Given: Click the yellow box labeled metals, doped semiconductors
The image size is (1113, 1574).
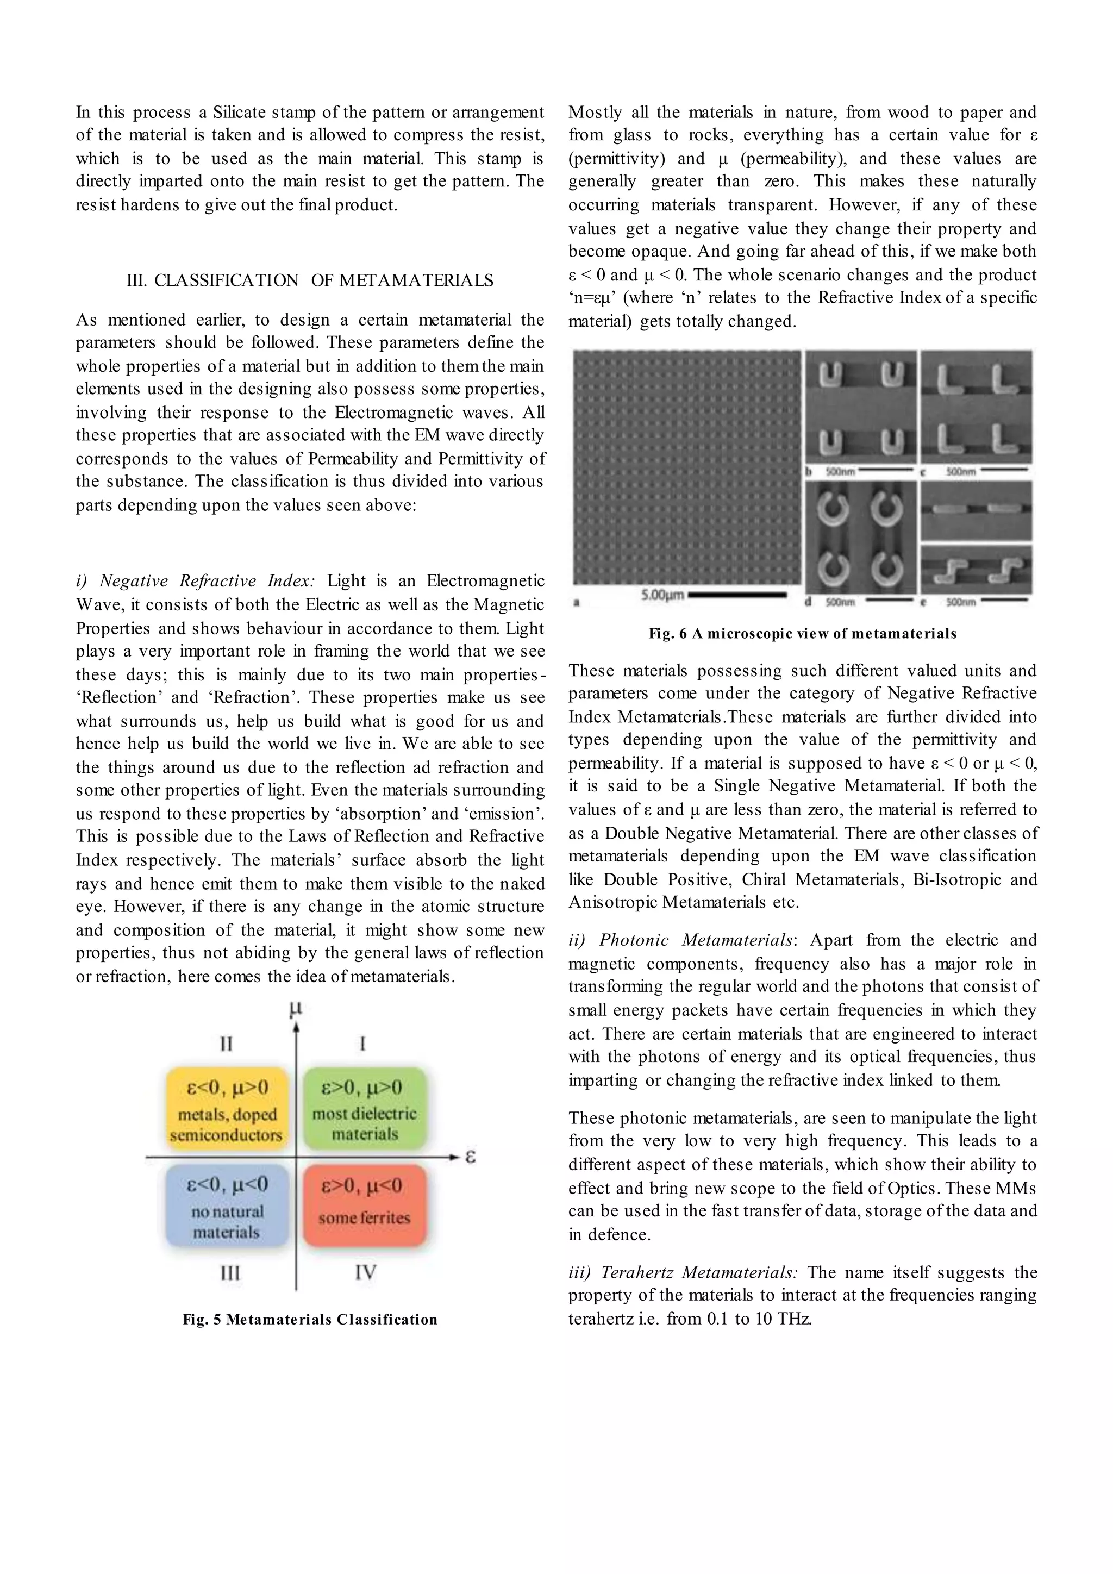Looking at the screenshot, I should (226, 1110).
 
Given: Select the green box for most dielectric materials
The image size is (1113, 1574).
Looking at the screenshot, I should (365, 1110).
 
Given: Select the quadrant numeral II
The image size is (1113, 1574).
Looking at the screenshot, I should (226, 1044).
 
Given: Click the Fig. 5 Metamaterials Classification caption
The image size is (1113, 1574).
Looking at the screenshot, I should (310, 1320).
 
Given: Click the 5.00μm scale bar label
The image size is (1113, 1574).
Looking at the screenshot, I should (662, 595).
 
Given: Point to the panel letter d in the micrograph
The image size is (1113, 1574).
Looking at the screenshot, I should (809, 602).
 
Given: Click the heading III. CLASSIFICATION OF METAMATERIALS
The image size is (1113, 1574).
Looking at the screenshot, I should (310, 280).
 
